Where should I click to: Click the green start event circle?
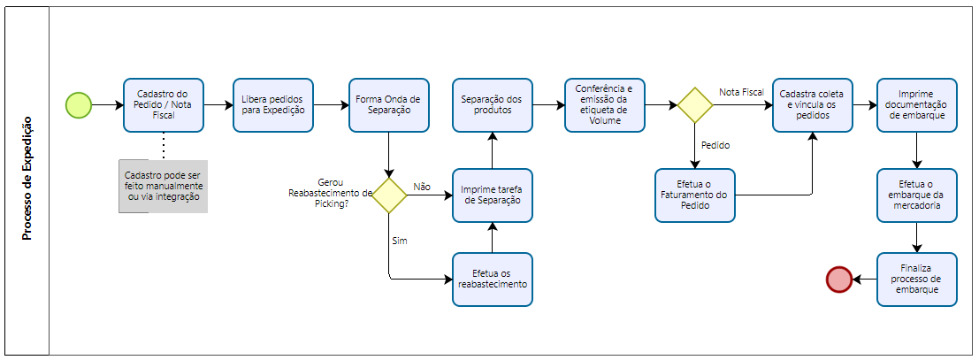coord(79,105)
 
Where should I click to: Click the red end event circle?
coord(838,280)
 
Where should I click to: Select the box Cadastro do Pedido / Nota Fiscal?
coord(164,105)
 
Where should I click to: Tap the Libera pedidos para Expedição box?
coord(273,105)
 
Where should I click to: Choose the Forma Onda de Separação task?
coord(387,105)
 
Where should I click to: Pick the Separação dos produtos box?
coord(493,105)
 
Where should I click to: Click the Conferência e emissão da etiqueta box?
coord(605,105)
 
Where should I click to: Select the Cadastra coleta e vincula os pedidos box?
coord(811,105)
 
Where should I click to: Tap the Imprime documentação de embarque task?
coord(917,105)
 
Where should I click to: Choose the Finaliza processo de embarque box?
coord(917,280)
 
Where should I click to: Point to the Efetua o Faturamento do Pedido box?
coord(695,195)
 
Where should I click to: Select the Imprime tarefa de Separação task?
coord(493,195)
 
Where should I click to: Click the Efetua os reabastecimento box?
coord(493,280)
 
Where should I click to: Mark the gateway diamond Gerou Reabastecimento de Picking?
coord(388,195)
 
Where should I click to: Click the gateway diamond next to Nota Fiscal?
coord(695,105)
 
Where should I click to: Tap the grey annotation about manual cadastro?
coord(164,187)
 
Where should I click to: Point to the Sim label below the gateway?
coord(399,240)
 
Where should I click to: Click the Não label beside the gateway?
coord(422,187)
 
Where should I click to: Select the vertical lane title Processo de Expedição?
coord(27,179)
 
